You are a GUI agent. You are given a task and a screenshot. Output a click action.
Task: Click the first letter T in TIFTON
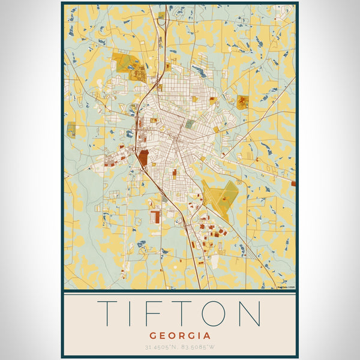click(x=110, y=313)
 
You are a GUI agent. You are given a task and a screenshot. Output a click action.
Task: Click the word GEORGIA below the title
click(x=180, y=335)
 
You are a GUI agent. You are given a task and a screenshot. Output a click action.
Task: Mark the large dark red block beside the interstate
click(x=143, y=158)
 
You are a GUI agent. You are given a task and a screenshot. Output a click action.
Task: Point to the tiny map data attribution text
click(x=286, y=287)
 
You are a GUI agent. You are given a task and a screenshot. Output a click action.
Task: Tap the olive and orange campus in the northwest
click(x=129, y=66)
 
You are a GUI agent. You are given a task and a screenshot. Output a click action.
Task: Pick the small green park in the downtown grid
click(x=190, y=124)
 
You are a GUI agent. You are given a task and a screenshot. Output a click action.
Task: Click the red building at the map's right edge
click(x=293, y=183)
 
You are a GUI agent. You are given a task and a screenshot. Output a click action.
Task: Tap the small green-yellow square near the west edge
click(x=71, y=129)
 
